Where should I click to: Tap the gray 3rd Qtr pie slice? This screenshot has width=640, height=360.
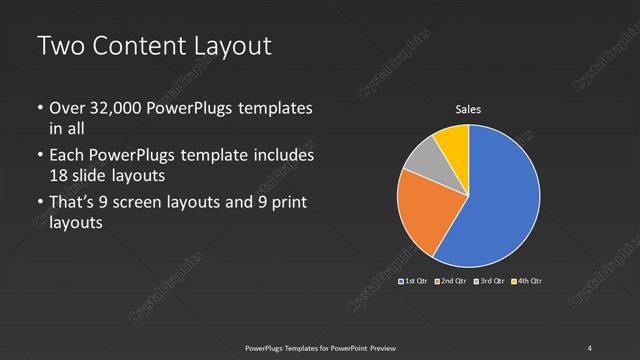[x=425, y=160]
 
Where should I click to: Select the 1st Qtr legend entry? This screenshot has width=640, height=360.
[x=415, y=281]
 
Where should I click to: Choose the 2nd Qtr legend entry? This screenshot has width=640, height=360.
[x=451, y=281]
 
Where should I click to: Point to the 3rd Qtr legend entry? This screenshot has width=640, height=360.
[x=489, y=281]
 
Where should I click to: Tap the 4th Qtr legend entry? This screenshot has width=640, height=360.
[x=526, y=281]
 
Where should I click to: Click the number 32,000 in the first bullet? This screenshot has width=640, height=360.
[x=111, y=108]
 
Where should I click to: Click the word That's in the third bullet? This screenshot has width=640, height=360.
[x=71, y=204]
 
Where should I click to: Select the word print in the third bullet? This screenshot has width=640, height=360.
[x=287, y=204]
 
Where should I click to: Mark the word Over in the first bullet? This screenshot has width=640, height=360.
[x=67, y=108]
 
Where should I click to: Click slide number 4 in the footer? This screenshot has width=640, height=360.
[x=590, y=347]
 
